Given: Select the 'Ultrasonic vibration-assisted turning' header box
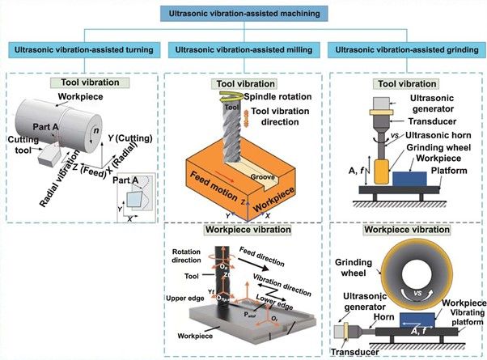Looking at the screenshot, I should [83, 50].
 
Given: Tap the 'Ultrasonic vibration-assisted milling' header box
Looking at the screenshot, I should [243, 50].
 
